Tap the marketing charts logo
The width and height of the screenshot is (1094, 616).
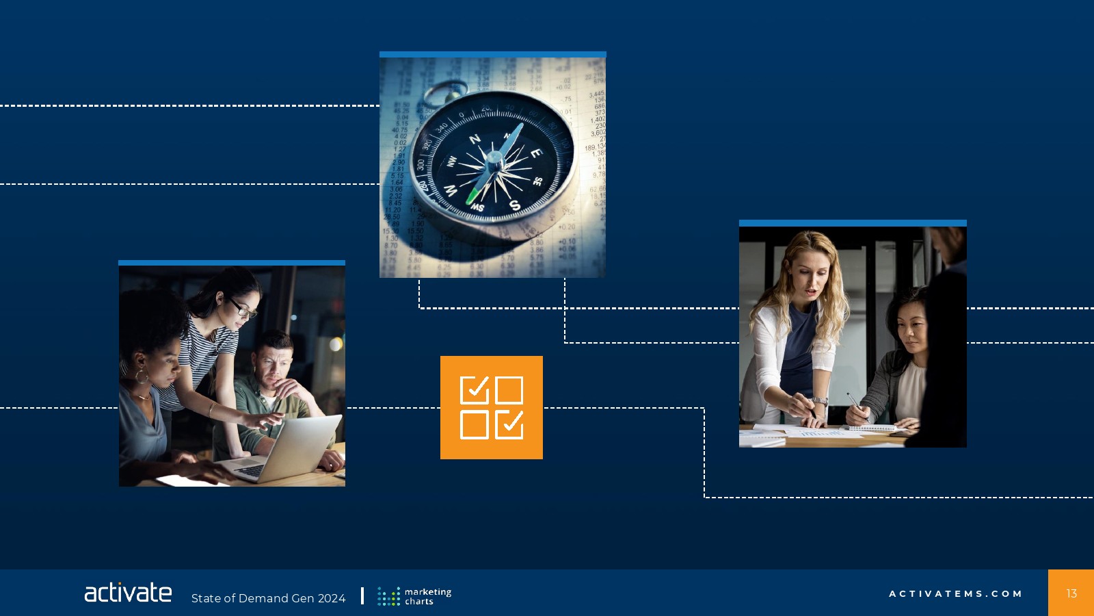(x=414, y=596)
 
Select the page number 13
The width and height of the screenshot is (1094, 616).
(x=1071, y=593)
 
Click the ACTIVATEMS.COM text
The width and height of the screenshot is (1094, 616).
(x=955, y=593)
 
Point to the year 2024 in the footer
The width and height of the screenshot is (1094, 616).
(x=332, y=598)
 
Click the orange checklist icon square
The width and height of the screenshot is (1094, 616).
(x=492, y=407)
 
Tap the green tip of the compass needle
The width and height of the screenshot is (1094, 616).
(x=471, y=197)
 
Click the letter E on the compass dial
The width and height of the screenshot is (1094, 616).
(x=536, y=153)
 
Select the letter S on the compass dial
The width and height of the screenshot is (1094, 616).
(x=515, y=205)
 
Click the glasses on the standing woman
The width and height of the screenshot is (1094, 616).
(x=243, y=309)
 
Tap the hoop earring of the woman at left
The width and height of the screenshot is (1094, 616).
(x=142, y=376)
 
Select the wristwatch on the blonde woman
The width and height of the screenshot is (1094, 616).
(x=820, y=401)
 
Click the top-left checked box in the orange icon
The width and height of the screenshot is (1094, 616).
(x=475, y=389)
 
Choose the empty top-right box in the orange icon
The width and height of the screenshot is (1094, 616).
(x=509, y=389)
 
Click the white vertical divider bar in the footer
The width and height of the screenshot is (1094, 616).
(x=362, y=596)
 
